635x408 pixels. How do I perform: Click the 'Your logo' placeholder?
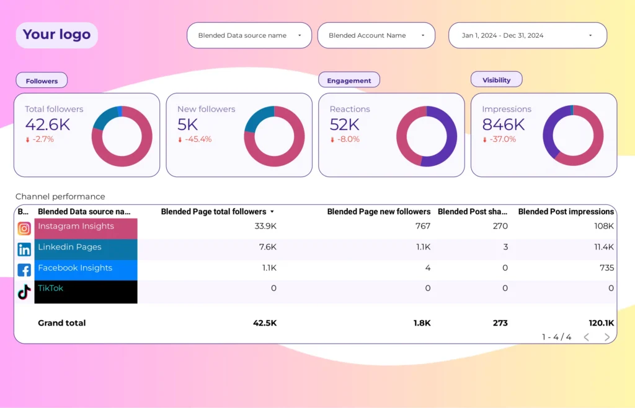[x=56, y=35]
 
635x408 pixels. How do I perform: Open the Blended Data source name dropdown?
[x=249, y=36]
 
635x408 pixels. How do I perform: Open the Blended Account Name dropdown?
[x=376, y=36]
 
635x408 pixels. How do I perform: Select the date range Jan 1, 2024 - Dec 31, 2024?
[x=527, y=36]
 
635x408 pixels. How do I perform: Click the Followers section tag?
[x=42, y=81]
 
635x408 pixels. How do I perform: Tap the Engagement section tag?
[x=349, y=80]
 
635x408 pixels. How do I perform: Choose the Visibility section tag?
[x=496, y=80]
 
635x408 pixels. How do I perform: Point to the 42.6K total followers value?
[x=47, y=124]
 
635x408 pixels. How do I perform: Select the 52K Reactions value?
[x=345, y=124]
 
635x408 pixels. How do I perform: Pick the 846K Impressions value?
[x=504, y=124]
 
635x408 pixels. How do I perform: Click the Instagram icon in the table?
[x=24, y=228]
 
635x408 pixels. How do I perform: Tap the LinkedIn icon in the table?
[x=24, y=250]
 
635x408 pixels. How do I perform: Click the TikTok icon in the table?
[x=24, y=292]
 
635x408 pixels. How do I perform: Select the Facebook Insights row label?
[x=75, y=268]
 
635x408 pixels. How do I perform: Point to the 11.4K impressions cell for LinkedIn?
[x=603, y=247]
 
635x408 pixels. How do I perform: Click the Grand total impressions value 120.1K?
[x=602, y=323]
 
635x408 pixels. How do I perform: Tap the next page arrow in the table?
[x=607, y=337]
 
